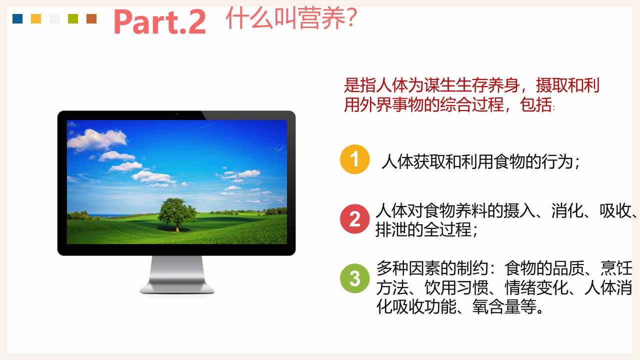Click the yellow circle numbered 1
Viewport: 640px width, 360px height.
354,159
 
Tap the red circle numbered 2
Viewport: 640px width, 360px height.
354,219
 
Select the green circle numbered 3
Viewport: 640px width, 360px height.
354,278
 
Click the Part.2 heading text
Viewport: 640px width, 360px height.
159,21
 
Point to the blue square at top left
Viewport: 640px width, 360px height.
17,19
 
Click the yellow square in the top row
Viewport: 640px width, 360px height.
36,19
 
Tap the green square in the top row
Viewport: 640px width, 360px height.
73,19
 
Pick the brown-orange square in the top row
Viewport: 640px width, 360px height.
91,19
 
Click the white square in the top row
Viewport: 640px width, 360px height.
54,19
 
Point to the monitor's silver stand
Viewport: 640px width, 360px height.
177,275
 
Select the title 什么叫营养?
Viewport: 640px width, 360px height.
290,18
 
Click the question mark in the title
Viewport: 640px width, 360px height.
350,18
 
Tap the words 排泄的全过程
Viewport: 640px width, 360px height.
423,230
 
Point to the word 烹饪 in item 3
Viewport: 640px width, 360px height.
617,269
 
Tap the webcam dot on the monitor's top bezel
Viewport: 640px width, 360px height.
176,114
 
